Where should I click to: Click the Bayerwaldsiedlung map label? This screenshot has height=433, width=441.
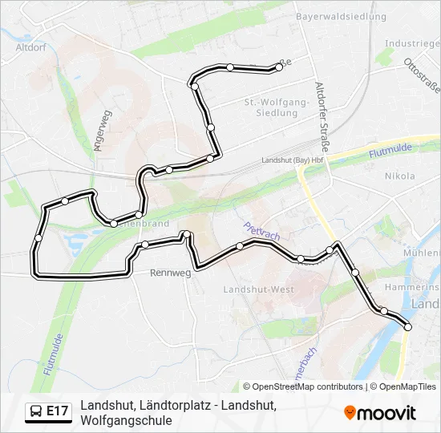[x=341, y=16]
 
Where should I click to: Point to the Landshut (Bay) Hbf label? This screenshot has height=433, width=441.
[x=292, y=160]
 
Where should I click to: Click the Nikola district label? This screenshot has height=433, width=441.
[x=399, y=176]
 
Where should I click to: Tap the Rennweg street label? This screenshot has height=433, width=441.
[x=171, y=273]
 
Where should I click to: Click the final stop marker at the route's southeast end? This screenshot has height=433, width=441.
[x=408, y=326]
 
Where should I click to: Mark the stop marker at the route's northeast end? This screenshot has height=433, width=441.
[x=279, y=67]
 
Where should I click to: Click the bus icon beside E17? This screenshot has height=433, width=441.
[x=37, y=411]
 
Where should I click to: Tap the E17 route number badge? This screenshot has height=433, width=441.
[x=57, y=411]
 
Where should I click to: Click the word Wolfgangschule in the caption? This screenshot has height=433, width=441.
[x=126, y=420]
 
